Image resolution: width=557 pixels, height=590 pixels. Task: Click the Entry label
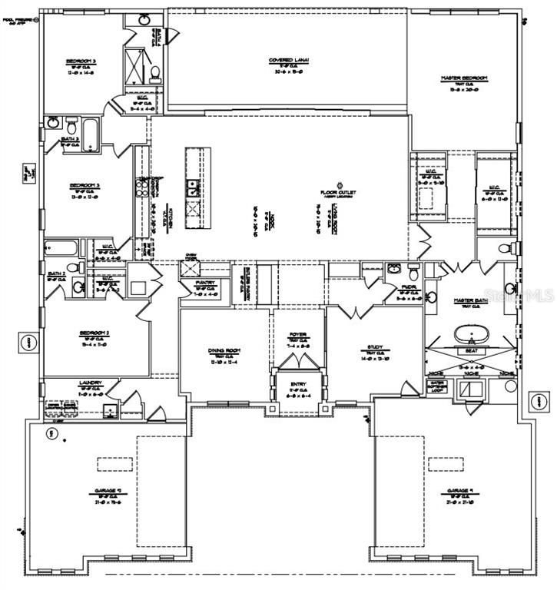[x=298, y=386]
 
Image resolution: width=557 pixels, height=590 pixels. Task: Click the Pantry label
[x=205, y=283]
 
